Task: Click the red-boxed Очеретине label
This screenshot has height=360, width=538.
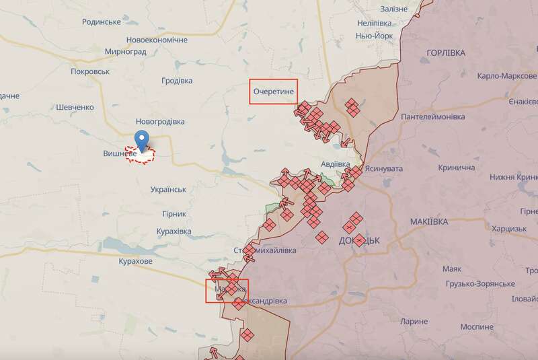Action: (x=273, y=92)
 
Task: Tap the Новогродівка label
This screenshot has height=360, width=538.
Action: (x=160, y=122)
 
